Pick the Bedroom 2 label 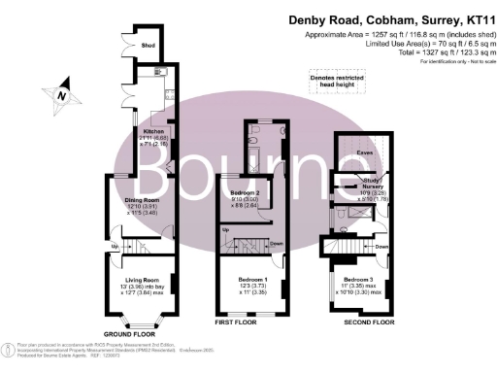(239, 194)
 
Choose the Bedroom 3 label (356, 282)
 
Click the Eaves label (366, 151)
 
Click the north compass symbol (60, 94)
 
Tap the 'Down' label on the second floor (381, 247)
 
